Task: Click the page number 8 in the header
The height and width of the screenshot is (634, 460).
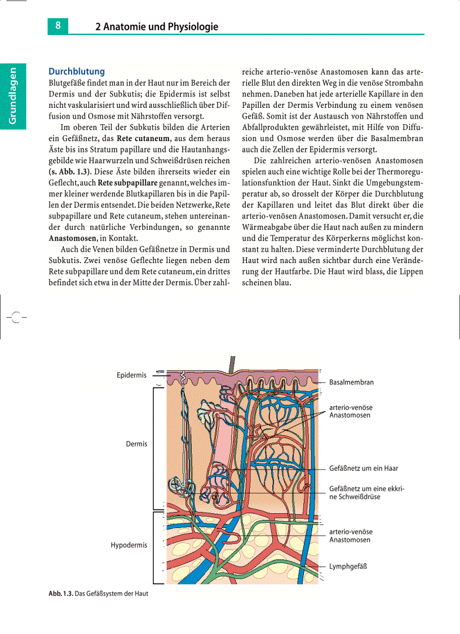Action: (x=58, y=26)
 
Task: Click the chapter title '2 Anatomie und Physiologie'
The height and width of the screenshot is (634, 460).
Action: (x=156, y=27)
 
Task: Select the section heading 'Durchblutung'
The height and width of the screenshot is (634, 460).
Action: (x=77, y=72)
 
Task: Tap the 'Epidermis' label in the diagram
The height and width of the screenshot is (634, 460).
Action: (x=131, y=375)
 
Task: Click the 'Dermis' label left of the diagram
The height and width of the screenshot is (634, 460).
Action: (x=136, y=444)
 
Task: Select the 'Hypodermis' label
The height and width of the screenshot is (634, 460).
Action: (x=129, y=545)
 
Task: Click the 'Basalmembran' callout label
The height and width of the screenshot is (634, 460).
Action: (x=351, y=382)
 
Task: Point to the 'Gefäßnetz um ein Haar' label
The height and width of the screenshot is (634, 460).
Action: (x=364, y=469)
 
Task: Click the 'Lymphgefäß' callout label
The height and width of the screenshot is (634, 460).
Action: (x=348, y=566)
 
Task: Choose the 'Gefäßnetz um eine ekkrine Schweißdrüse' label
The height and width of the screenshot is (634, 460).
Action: (x=366, y=492)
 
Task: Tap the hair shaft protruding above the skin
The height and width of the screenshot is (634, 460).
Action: (x=230, y=364)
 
